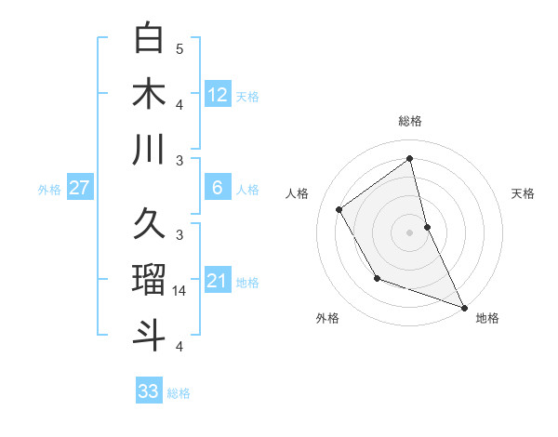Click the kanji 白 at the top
pyautogui.click(x=149, y=38)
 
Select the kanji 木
pyautogui.click(x=149, y=93)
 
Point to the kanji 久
pyautogui.click(x=149, y=224)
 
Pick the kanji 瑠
pyautogui.click(x=149, y=278)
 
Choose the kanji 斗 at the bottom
pyautogui.click(x=149, y=334)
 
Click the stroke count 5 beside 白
pyautogui.click(x=179, y=48)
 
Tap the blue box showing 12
pyautogui.click(x=218, y=94)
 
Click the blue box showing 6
pyautogui.click(x=218, y=188)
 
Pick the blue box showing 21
pyautogui.click(x=218, y=281)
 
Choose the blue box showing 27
pyautogui.click(x=80, y=188)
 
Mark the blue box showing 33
pyautogui.click(x=149, y=391)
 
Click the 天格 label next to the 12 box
pyautogui.click(x=247, y=96)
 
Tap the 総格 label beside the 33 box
pyautogui.click(x=179, y=393)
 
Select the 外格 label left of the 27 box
pyautogui.click(x=49, y=190)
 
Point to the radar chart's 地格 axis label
pyautogui.click(x=487, y=318)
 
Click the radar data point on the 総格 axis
pyautogui.click(x=409, y=158)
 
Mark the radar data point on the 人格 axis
pyautogui.click(x=339, y=210)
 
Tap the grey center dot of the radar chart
pyautogui.click(x=409, y=232)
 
